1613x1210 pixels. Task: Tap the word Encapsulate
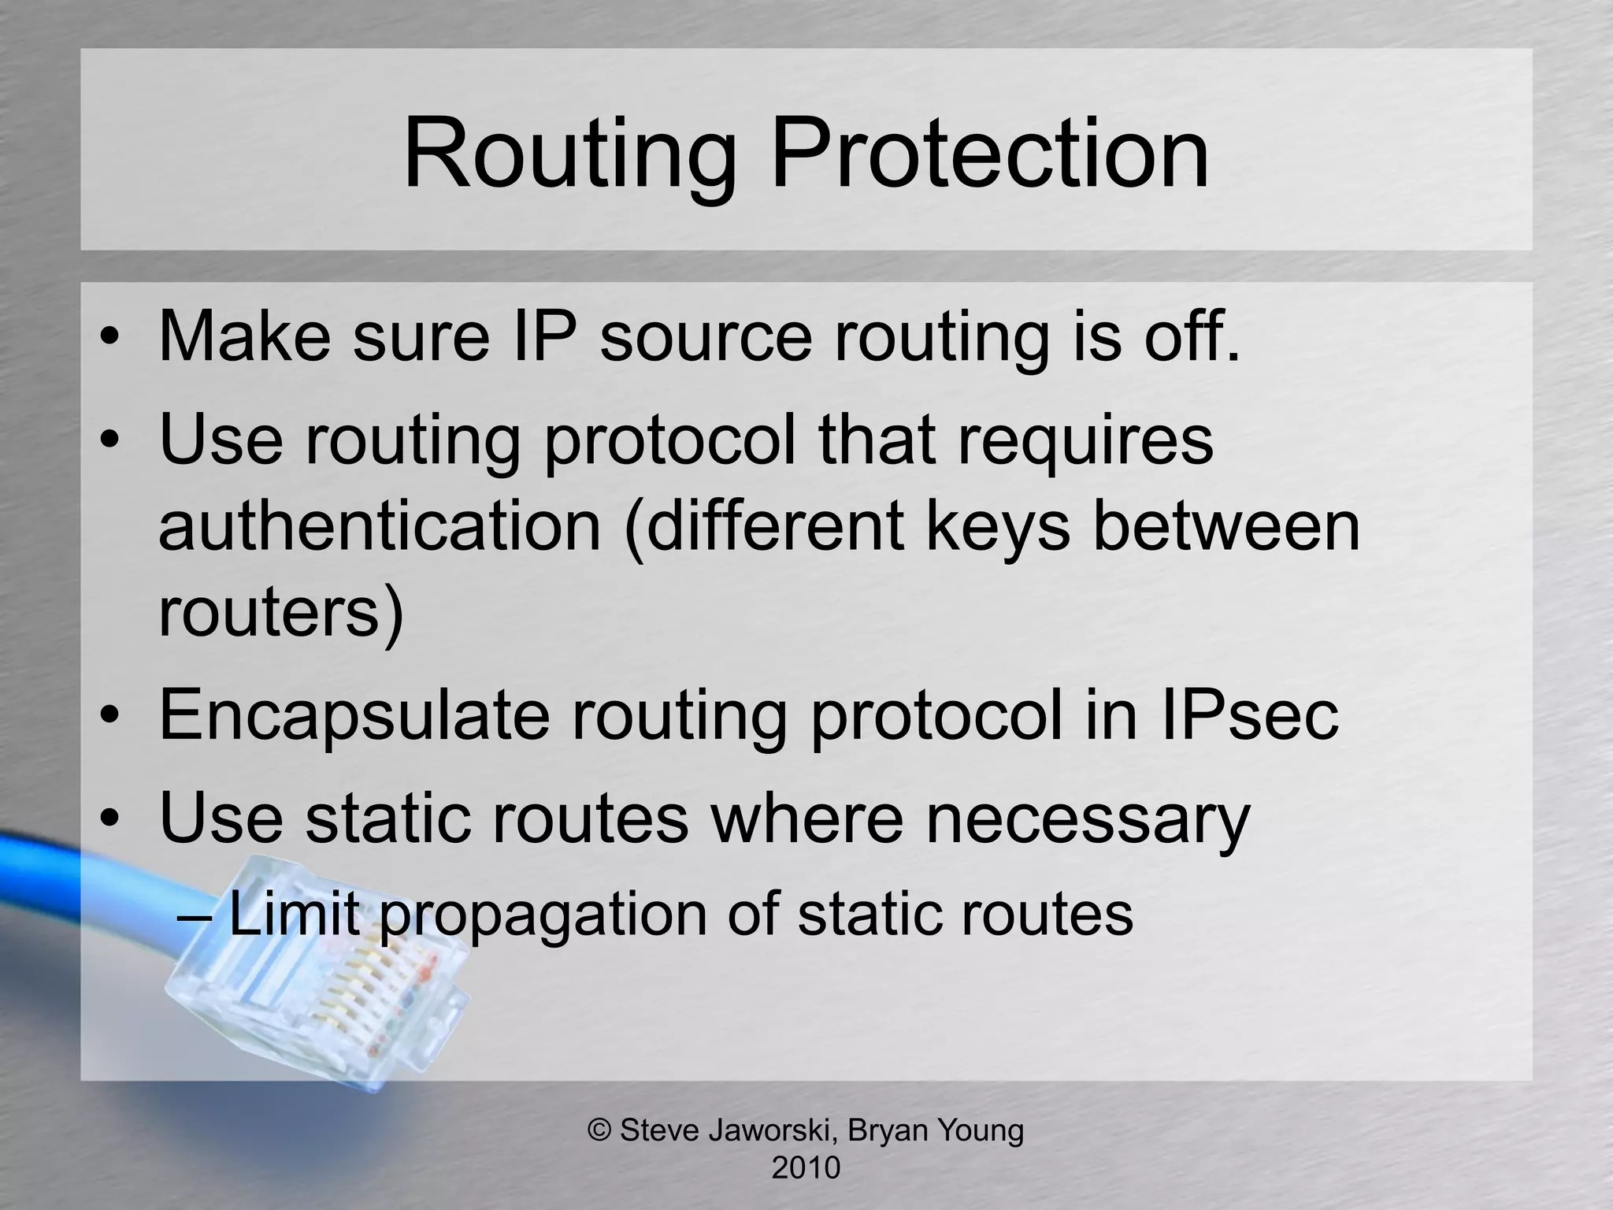[x=354, y=715]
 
